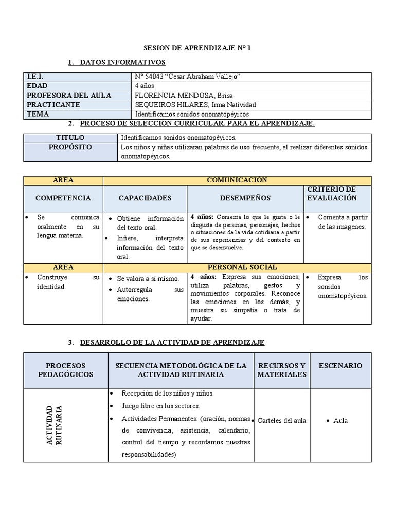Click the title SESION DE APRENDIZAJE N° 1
pyautogui.click(x=197, y=48)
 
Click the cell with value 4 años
pyautogui.click(x=145, y=86)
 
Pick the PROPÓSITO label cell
pyautogui.click(x=70, y=147)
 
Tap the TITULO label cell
pyautogui.click(x=70, y=138)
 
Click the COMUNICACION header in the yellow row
pyautogui.click(x=237, y=180)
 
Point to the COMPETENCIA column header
pyautogui.click(x=63, y=198)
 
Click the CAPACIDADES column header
pyautogui.click(x=145, y=198)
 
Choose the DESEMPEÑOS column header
pyautogui.click(x=245, y=198)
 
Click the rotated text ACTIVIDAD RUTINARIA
pyautogui.click(x=54, y=425)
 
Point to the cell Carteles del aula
pyautogui.click(x=282, y=420)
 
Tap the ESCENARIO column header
pyautogui.click(x=340, y=366)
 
